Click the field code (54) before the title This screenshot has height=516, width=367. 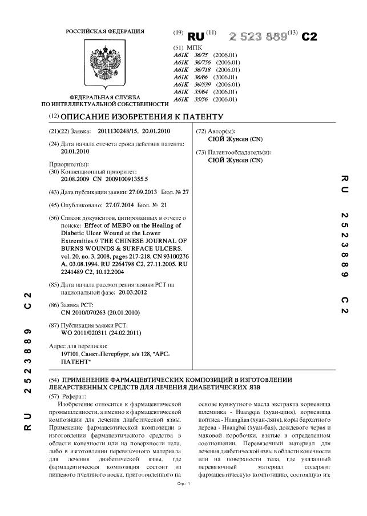[54, 379]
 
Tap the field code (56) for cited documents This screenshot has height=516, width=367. [55, 218]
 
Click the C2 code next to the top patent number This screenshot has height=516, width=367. [308, 37]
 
